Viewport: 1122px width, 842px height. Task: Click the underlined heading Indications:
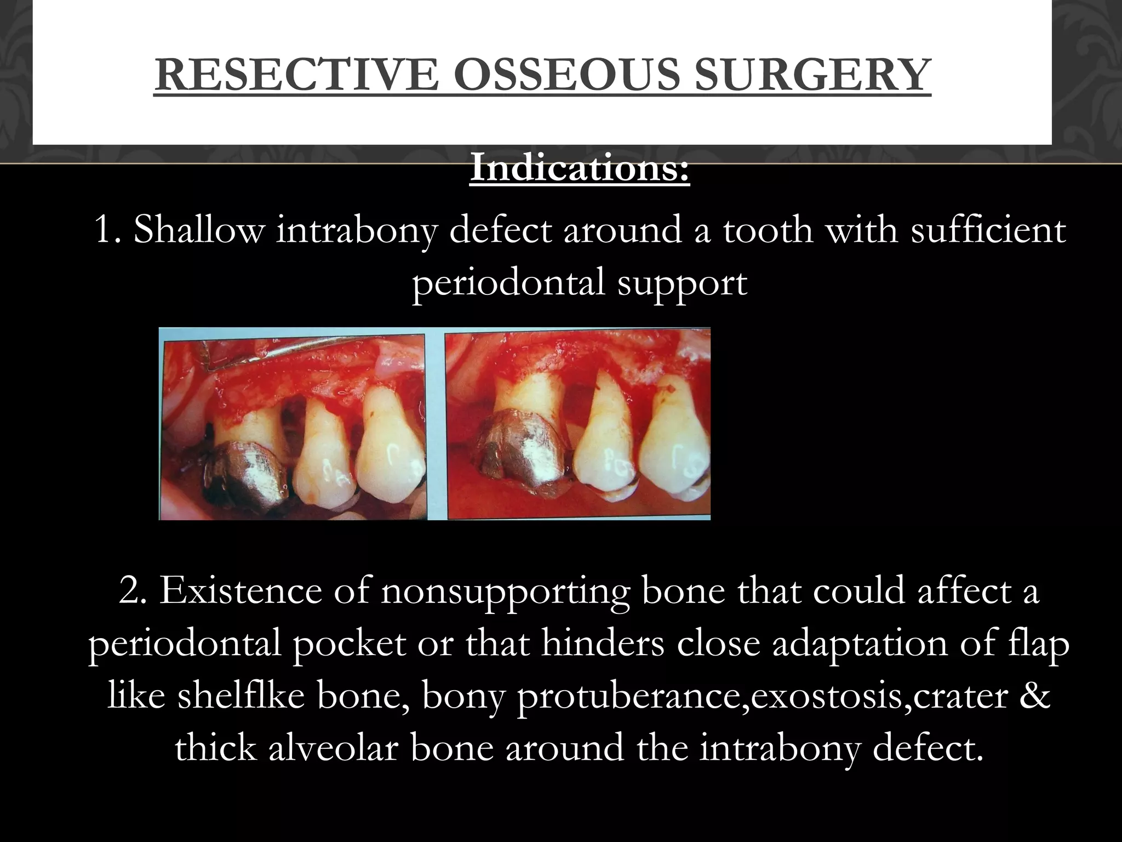(x=580, y=169)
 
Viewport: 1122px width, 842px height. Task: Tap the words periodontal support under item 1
(x=580, y=283)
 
